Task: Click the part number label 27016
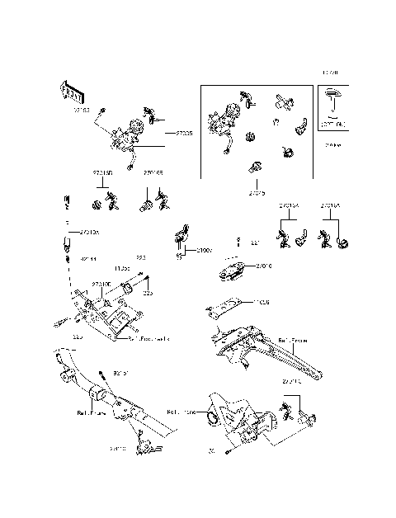pyautogui.click(x=264, y=266)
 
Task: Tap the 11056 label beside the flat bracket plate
pyautogui.click(x=262, y=302)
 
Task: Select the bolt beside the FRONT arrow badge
pyautogui.click(x=100, y=111)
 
